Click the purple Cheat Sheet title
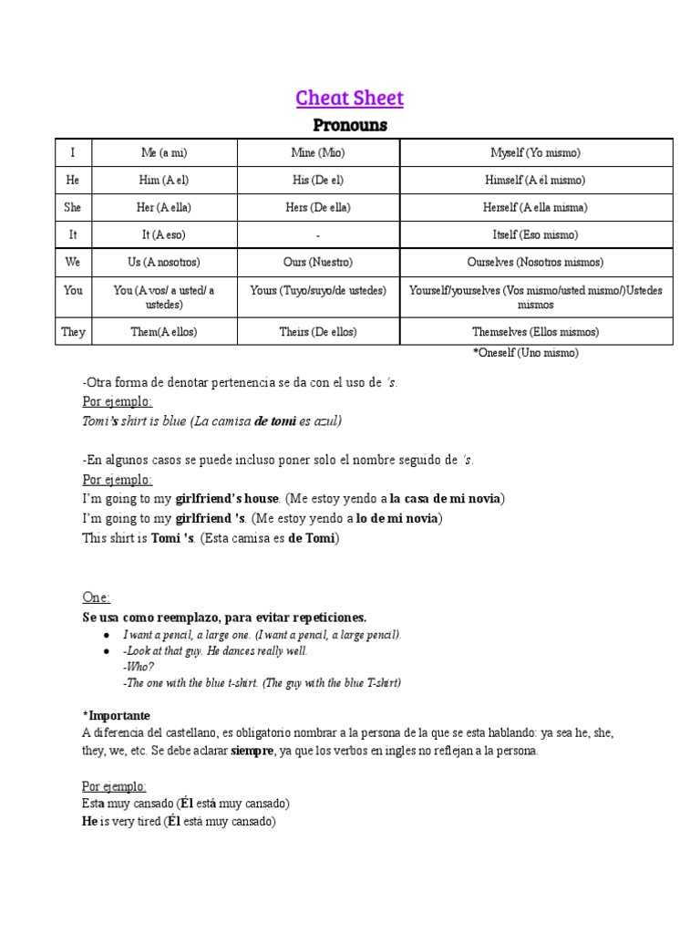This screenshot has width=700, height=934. [x=350, y=98]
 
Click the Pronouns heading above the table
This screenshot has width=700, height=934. [x=350, y=125]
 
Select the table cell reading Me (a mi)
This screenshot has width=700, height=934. [x=165, y=152]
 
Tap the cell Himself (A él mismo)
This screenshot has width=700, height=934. [x=534, y=180]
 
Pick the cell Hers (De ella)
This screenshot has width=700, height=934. [x=317, y=207]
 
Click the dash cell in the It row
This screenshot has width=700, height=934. [x=317, y=234]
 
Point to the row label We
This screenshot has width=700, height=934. [x=73, y=262]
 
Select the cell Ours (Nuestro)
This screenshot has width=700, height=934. [x=317, y=262]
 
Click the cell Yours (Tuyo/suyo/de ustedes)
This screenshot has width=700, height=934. [x=317, y=290]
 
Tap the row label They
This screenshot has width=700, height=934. [x=73, y=331]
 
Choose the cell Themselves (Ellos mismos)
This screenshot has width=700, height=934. [x=534, y=331]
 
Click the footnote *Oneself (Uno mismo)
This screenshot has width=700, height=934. [x=525, y=352]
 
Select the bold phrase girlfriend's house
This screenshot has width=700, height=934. [x=227, y=498]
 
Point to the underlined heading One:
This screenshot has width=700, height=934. [x=96, y=597]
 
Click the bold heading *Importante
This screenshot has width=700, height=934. [x=116, y=715]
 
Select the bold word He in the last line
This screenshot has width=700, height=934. [x=89, y=821]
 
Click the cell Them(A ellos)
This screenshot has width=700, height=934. [x=165, y=331]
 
